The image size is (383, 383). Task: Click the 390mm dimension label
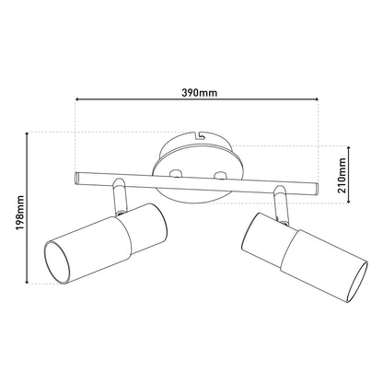coord(200,92)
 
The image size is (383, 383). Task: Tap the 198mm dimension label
coord(20,213)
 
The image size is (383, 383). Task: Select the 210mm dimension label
coord(342,175)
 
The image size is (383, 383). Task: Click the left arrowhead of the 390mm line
coord(77,99)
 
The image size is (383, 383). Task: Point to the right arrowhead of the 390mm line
coord(316,99)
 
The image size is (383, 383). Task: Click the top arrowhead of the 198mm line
coord(28,134)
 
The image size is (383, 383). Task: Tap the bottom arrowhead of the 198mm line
coord(28,281)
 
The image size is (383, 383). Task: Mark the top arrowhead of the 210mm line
coord(349,149)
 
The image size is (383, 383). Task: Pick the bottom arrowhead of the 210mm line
coord(349,201)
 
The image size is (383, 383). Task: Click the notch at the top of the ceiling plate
coord(198,134)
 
